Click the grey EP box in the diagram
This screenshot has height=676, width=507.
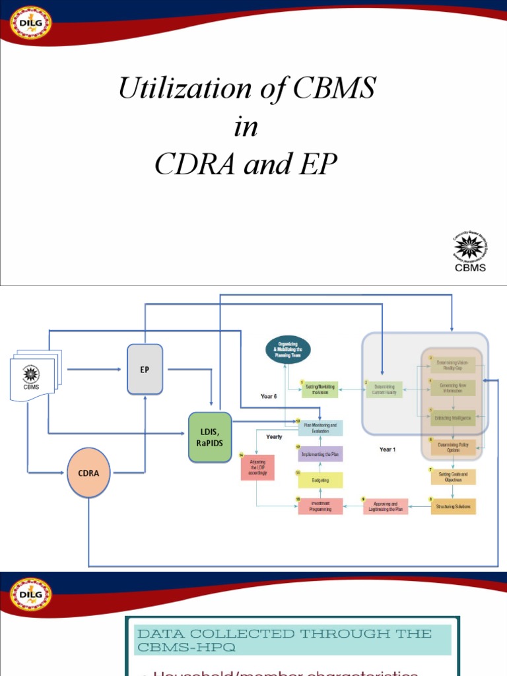[x=145, y=369]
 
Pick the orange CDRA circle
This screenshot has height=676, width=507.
[x=88, y=473]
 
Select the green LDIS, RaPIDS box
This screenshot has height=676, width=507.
[x=210, y=437]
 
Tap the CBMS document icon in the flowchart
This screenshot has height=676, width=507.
[x=32, y=376]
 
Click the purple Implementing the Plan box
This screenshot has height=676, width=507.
[x=320, y=454]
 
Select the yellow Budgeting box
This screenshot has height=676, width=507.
[x=320, y=481]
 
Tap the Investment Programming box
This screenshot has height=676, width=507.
[x=320, y=506]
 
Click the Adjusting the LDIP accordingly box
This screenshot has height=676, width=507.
[x=257, y=467]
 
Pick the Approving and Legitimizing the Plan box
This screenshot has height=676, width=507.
[x=386, y=506]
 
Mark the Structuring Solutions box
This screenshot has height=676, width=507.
[x=452, y=506]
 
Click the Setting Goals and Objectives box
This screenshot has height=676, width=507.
[x=452, y=476]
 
